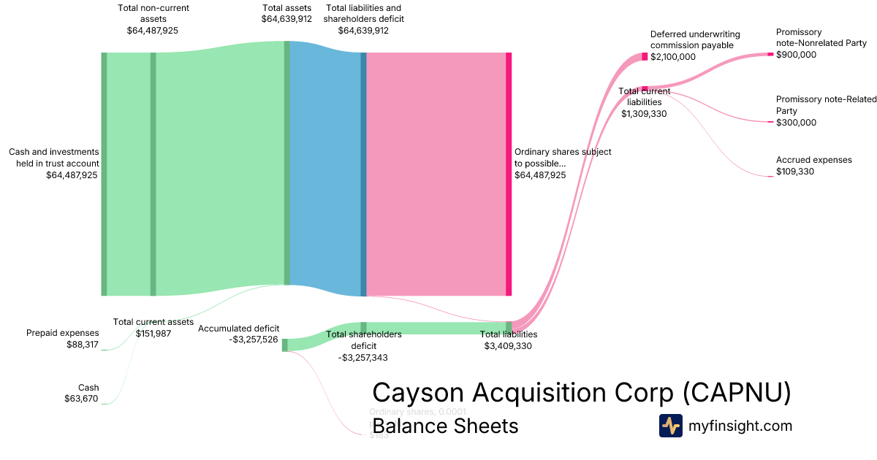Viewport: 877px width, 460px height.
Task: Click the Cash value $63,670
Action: tap(81, 399)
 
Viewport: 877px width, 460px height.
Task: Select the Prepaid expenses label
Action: tap(62, 333)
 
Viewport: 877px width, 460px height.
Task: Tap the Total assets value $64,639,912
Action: tap(286, 19)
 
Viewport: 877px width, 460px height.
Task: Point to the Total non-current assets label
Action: tap(152, 13)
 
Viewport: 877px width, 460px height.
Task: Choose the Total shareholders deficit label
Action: tap(363, 340)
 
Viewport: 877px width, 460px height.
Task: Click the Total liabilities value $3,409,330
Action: tap(508, 346)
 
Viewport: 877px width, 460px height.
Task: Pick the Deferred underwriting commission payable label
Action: tap(695, 39)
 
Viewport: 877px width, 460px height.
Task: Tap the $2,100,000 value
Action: tap(673, 57)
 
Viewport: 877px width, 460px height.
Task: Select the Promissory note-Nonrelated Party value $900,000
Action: tap(796, 55)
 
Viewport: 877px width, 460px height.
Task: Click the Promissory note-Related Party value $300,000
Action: tap(796, 123)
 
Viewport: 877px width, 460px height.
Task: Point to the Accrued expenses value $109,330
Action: tap(795, 172)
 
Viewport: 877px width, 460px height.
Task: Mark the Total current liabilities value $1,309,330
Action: tap(644, 114)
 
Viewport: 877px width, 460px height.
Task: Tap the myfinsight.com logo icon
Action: tap(670, 426)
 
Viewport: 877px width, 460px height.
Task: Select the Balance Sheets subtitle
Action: tap(445, 426)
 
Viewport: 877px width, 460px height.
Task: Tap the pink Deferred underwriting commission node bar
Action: tap(645, 57)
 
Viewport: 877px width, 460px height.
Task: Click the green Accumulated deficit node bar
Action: tap(285, 345)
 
